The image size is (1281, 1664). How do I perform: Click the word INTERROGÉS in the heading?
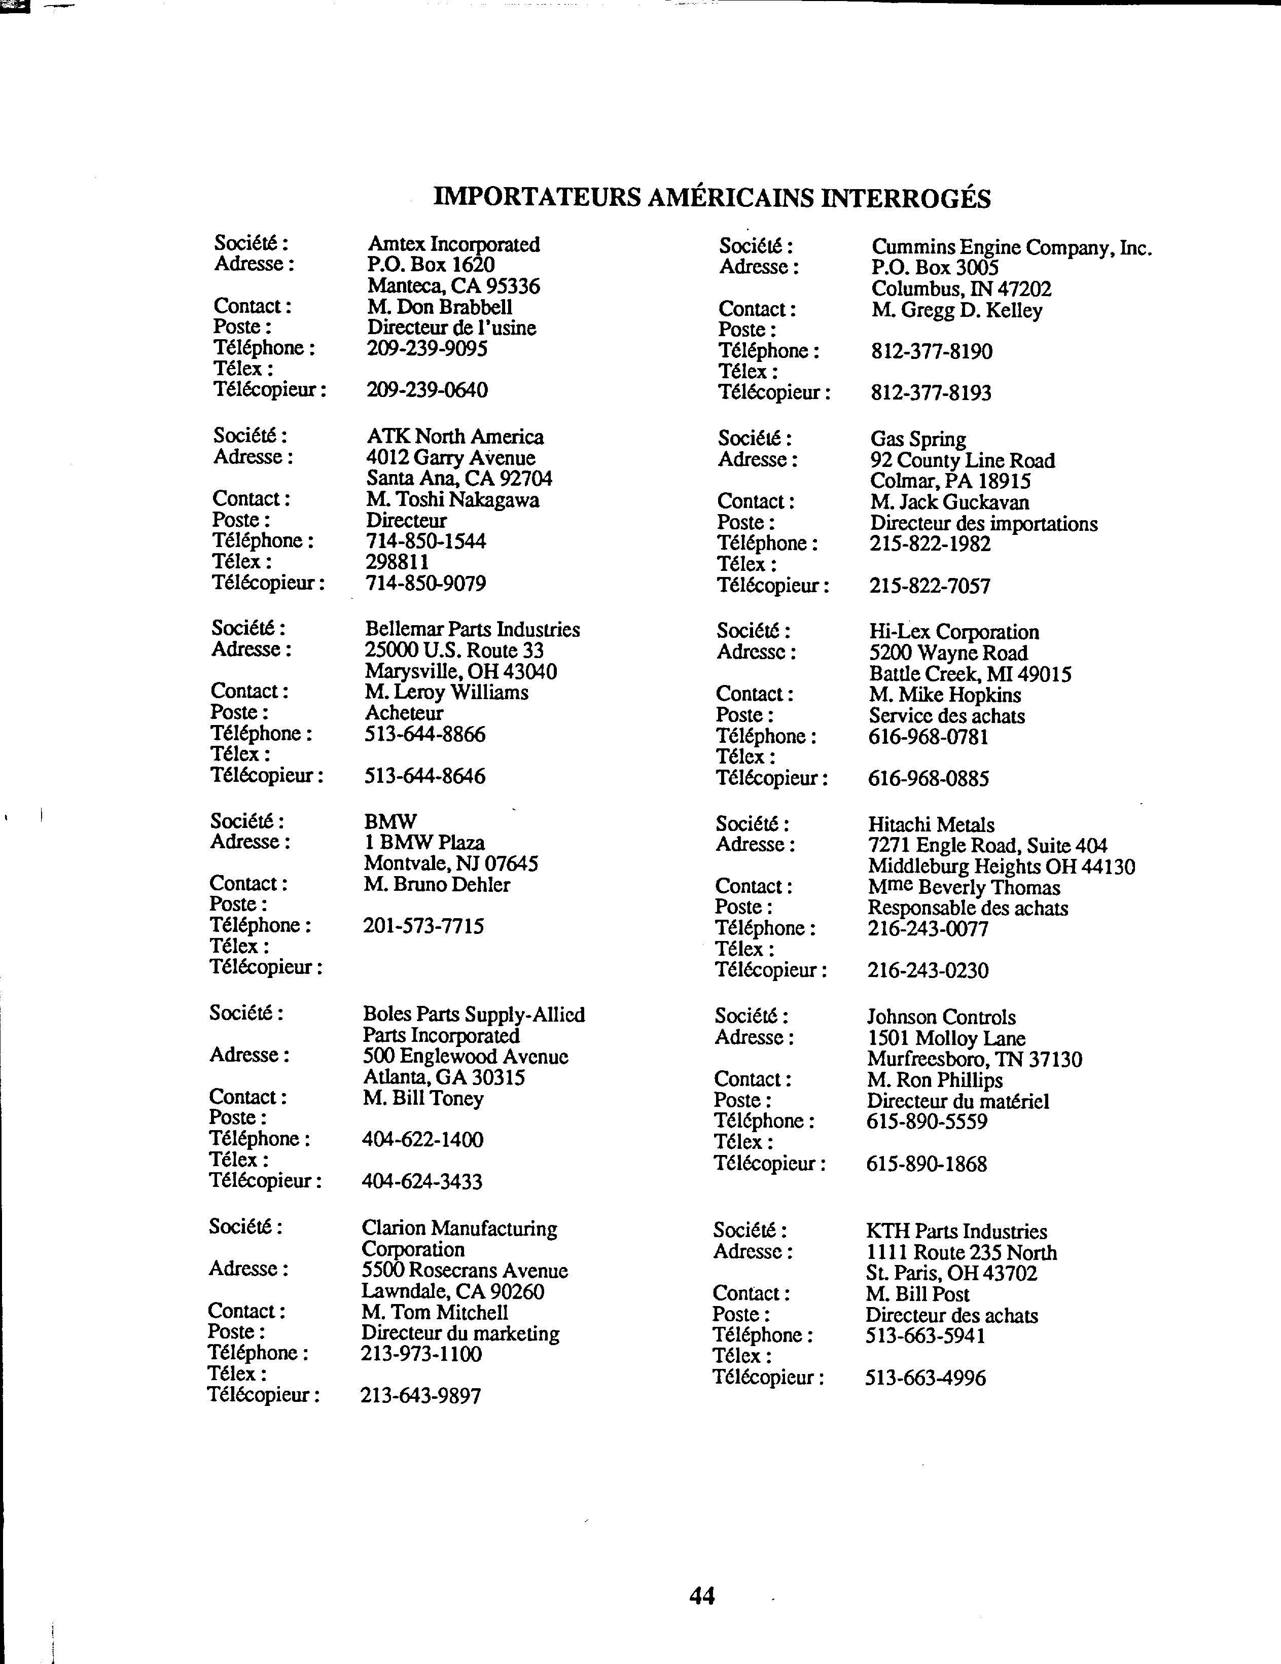905,199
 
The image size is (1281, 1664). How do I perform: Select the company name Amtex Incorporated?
453,244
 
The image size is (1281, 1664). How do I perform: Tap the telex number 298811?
398,562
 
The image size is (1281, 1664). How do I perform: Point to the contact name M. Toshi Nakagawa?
453,500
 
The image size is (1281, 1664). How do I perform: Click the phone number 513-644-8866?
425,735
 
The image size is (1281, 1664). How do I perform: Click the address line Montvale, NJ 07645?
451,864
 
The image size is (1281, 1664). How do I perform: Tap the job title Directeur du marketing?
460,1334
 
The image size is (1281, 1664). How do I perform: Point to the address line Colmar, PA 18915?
950,482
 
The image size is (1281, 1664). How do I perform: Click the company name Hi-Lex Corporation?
953,632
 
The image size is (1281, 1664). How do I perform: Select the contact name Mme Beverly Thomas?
963,888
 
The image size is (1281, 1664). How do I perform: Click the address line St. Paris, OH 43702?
951,1274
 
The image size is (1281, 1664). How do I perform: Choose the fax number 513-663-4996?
925,1378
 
